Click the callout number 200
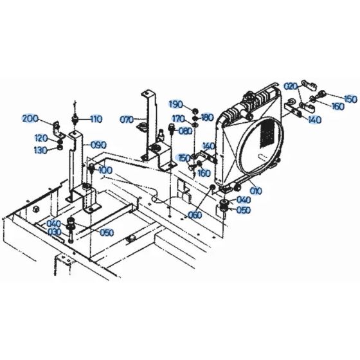(x=30, y=118)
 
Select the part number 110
(x=96, y=119)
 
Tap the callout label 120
(x=40, y=138)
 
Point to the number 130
(x=40, y=149)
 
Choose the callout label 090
(x=98, y=145)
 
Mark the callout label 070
(x=127, y=119)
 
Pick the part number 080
(x=185, y=131)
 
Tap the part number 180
(x=207, y=118)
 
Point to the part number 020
(x=291, y=85)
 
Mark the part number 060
(x=195, y=215)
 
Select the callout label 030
(x=54, y=232)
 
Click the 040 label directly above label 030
(x=54, y=223)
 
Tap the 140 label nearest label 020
(x=314, y=120)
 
